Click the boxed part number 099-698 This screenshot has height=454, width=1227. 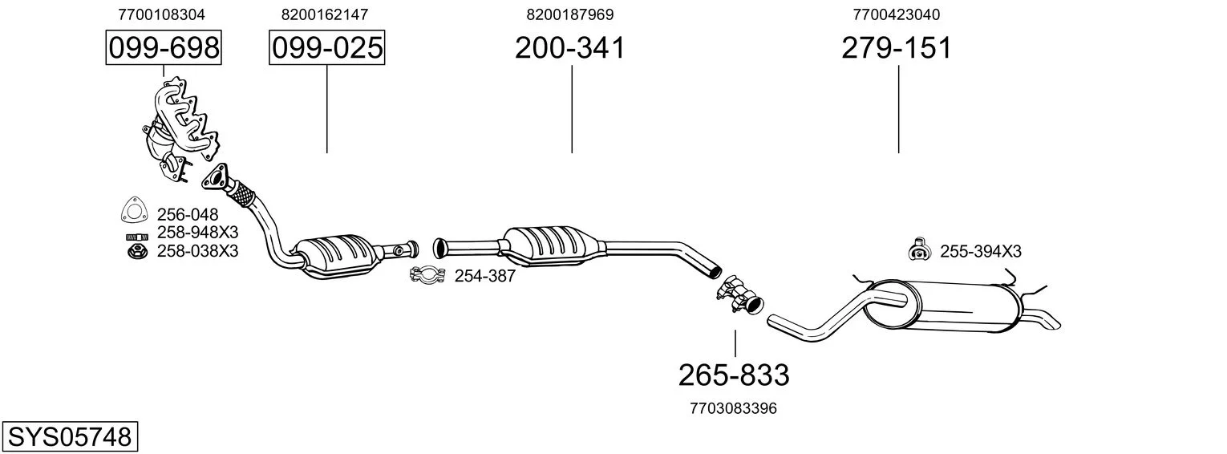pyautogui.click(x=164, y=47)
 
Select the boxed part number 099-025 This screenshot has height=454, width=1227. pyautogui.click(x=327, y=47)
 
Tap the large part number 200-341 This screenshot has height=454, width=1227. pyautogui.click(x=569, y=47)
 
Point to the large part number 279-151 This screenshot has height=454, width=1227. pyautogui.click(x=897, y=47)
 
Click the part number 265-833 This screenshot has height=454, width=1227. pyautogui.click(x=734, y=375)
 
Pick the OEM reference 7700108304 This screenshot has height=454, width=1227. pyautogui.click(x=161, y=14)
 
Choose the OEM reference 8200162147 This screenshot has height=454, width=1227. pyautogui.click(x=325, y=14)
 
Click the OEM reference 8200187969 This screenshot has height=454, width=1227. pyautogui.click(x=570, y=14)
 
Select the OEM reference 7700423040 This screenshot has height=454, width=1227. pyautogui.click(x=896, y=14)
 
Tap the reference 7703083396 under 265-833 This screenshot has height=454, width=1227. pyautogui.click(x=734, y=408)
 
